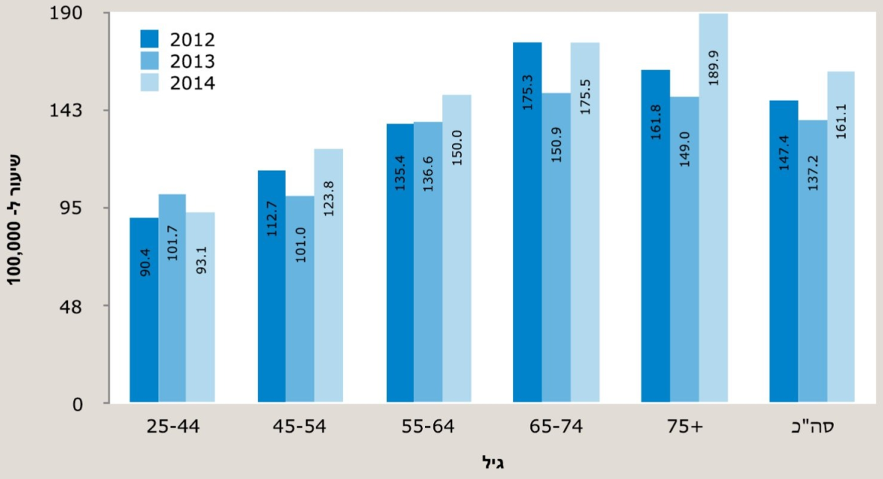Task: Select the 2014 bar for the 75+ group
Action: point(713,209)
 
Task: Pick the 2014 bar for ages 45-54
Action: point(329,276)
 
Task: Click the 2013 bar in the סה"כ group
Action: point(812,262)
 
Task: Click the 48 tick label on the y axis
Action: point(89,306)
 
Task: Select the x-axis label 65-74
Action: point(555,428)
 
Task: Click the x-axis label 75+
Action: point(683,428)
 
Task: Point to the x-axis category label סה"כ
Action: point(811,428)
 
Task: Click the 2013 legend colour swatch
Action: point(151,60)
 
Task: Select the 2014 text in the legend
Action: point(192,83)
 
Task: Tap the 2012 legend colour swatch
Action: point(151,39)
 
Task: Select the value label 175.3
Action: point(528,94)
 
